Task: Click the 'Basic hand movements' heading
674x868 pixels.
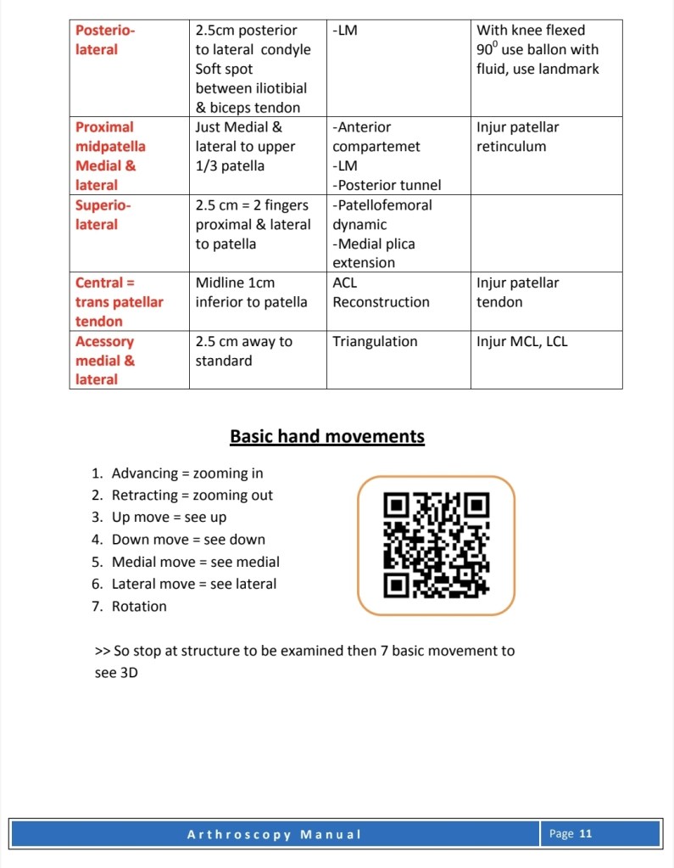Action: (x=326, y=437)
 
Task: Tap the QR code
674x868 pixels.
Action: (x=436, y=545)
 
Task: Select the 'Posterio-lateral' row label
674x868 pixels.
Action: (x=104, y=40)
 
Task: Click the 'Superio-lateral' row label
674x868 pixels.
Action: (x=104, y=215)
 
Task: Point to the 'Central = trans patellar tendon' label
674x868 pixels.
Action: (x=119, y=302)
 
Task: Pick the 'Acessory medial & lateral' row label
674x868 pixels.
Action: (x=104, y=361)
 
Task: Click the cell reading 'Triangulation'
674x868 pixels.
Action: (x=375, y=342)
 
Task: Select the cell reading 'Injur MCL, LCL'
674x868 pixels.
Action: (x=522, y=342)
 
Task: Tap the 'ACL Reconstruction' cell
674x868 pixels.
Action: (x=381, y=293)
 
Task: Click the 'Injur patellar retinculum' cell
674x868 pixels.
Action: (x=517, y=137)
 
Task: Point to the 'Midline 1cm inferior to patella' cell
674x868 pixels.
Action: (x=251, y=293)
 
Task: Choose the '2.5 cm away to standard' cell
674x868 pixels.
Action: (x=243, y=351)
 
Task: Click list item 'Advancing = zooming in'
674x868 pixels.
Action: (x=187, y=473)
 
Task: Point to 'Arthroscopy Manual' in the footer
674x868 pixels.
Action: (x=274, y=834)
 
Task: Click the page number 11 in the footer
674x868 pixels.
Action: (x=585, y=834)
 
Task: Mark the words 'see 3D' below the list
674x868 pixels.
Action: (x=116, y=674)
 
